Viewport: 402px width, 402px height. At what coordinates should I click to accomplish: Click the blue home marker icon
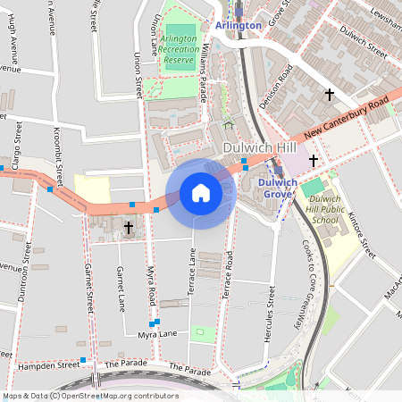201,193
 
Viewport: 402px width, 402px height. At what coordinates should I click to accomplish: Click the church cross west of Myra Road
129,229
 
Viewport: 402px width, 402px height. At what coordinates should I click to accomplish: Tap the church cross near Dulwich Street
329,94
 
